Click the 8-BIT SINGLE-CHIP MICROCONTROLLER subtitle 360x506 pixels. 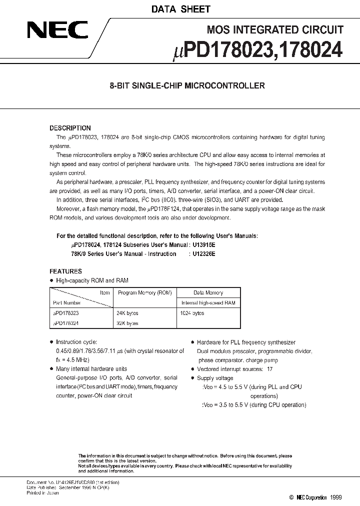pos(187,85)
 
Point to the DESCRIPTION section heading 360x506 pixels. pos(70,128)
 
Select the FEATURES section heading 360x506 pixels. pos(65,271)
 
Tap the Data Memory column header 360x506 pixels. pos(208,292)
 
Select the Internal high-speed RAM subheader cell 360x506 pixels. pos(208,302)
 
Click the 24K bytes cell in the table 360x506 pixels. pos(127,313)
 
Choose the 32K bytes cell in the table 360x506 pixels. pos(127,323)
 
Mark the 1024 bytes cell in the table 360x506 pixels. pos(192,313)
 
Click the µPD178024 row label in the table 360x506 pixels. pos(65,323)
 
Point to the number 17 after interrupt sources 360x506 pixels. pos(270,369)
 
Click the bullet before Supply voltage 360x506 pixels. pos(192,378)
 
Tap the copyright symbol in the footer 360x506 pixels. pos(291,497)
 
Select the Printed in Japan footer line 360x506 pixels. pos(42,493)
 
